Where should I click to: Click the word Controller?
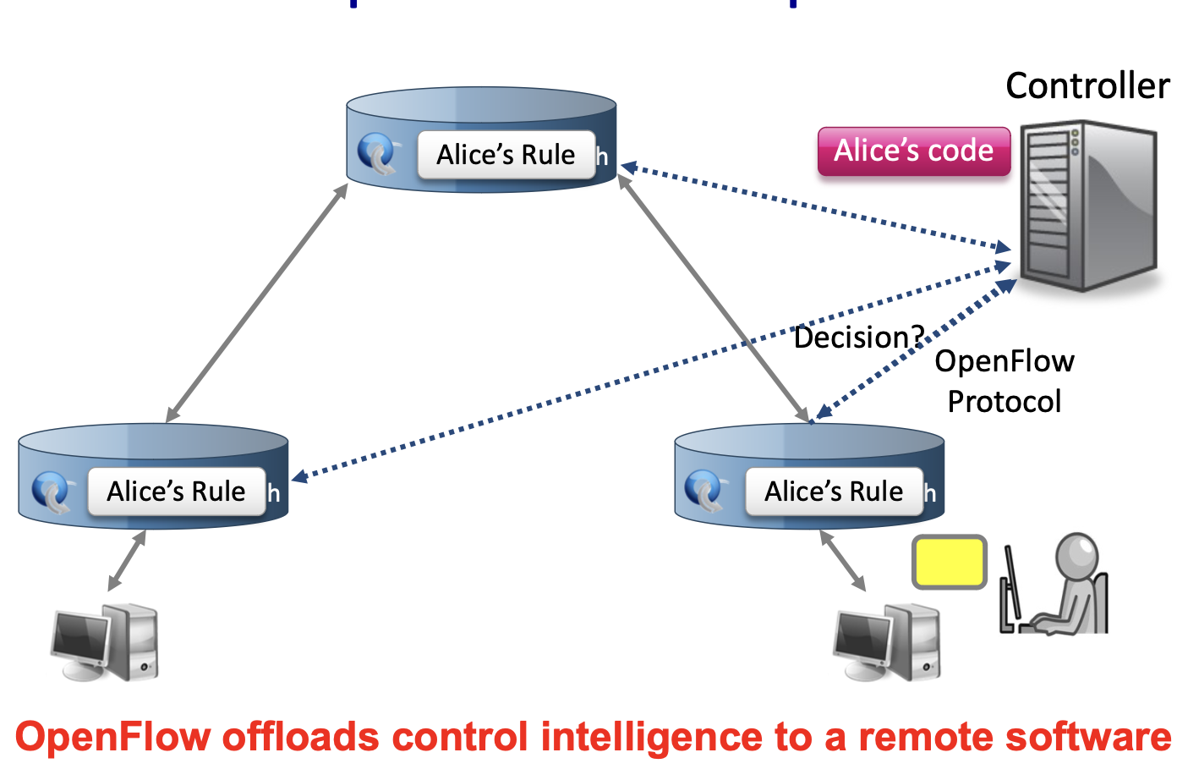pos(1087,86)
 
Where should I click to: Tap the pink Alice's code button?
pos(914,151)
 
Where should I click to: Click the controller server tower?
pos(1087,207)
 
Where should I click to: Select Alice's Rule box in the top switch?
pos(506,155)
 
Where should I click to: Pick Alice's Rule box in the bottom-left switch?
pos(176,492)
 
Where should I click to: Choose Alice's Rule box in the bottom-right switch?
pos(834,492)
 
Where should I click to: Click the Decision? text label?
pos(858,338)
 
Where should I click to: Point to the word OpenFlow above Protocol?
pos(1005,362)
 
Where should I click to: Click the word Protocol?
pos(1005,402)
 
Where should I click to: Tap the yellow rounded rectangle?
pos(949,562)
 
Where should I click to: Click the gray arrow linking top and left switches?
pos(257,303)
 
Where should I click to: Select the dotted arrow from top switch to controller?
pos(816,208)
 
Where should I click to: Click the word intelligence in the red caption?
pos(651,738)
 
